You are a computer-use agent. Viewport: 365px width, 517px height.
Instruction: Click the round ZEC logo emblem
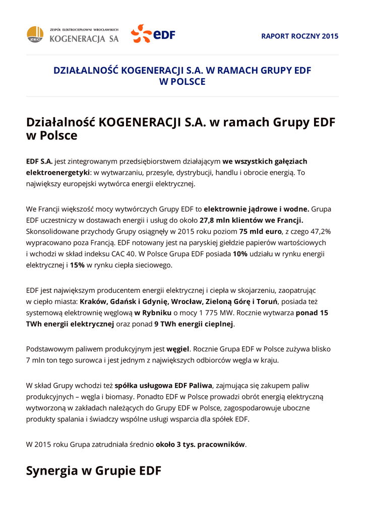pyautogui.click(x=35, y=34)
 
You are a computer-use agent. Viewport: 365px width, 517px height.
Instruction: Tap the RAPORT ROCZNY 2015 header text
pyautogui.click(x=300, y=36)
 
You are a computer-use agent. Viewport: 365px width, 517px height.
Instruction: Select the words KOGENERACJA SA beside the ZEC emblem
pyautogui.click(x=84, y=39)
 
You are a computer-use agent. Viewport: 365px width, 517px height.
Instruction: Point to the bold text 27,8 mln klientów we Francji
pyautogui.click(x=252, y=220)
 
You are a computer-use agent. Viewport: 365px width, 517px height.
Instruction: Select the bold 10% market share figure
pyautogui.click(x=240, y=254)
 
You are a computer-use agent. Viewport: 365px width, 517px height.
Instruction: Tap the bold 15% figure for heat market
pyautogui.click(x=77, y=265)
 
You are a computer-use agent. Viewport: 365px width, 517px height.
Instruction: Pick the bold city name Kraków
pyautogui.click(x=94, y=302)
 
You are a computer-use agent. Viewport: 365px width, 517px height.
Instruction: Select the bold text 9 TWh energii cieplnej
pyautogui.click(x=194, y=324)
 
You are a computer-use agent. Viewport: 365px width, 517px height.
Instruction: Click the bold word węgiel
pyautogui.click(x=177, y=349)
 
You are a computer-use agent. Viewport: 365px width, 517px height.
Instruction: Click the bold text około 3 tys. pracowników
pyautogui.click(x=200, y=444)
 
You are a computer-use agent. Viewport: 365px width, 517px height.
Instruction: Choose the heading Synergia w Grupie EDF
pyautogui.click(x=93, y=471)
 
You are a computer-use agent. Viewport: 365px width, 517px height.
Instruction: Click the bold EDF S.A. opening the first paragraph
pyautogui.click(x=39, y=162)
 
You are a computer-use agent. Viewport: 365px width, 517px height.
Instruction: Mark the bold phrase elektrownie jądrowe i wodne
pyautogui.click(x=257, y=209)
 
